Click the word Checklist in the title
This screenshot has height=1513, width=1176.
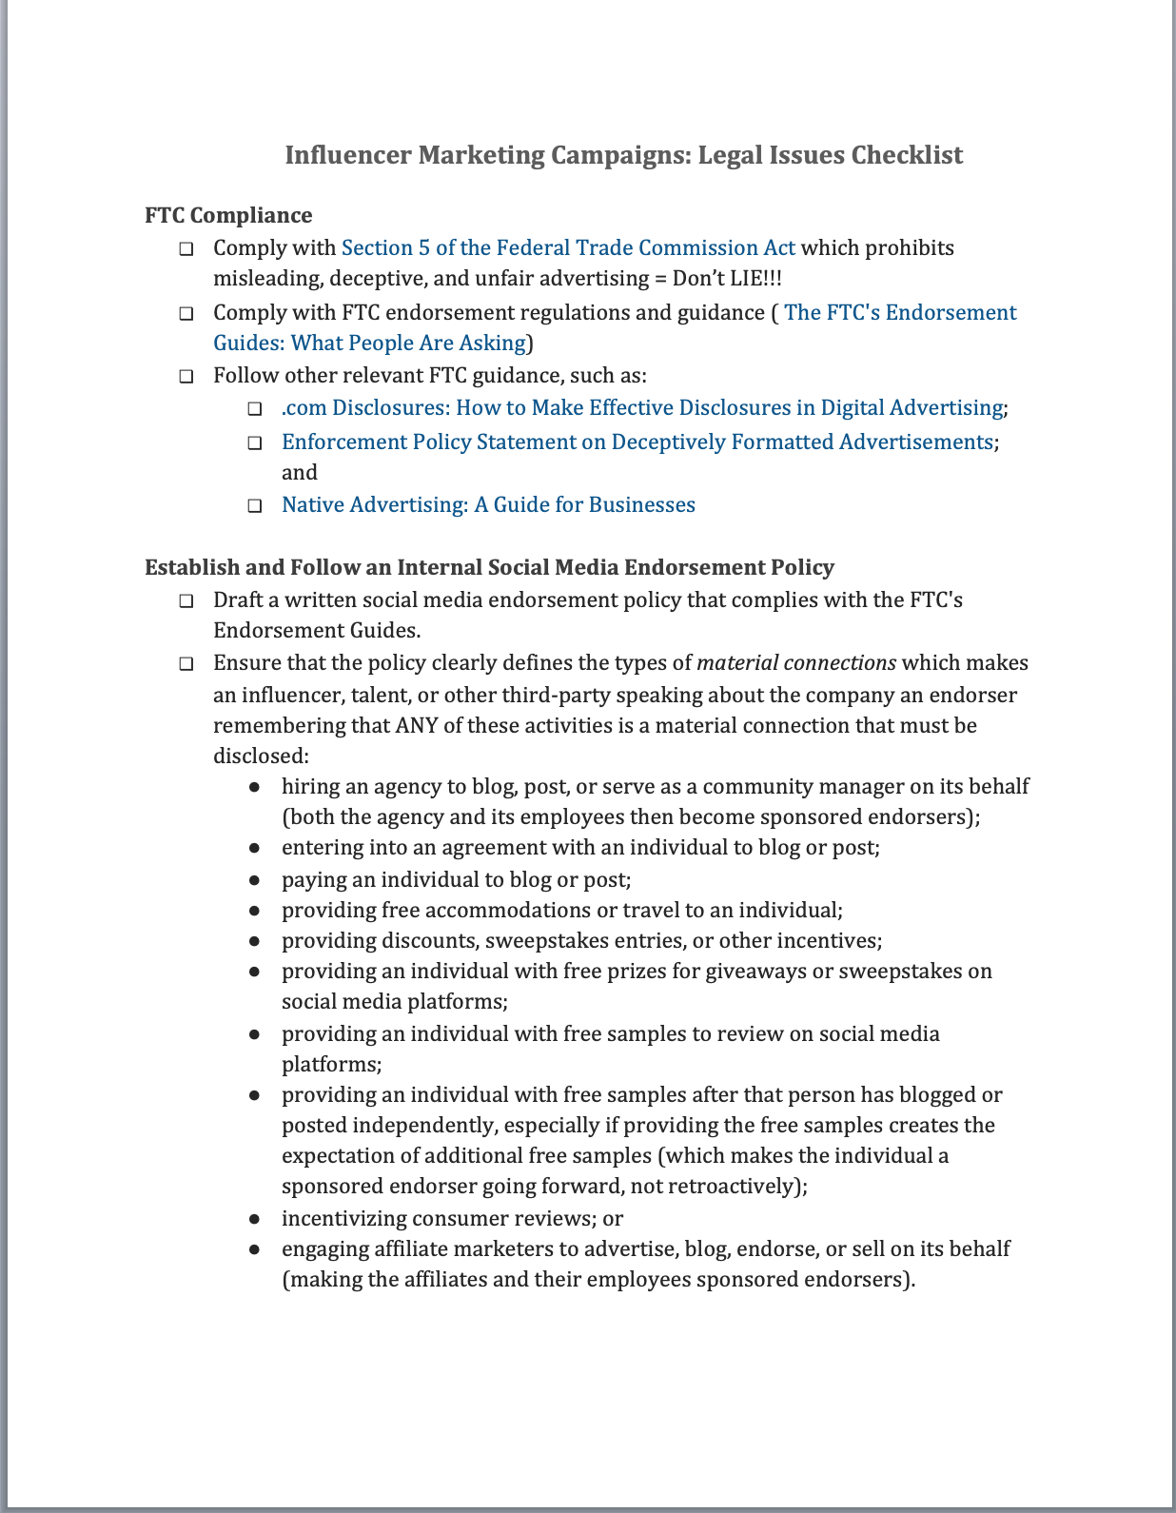(x=907, y=155)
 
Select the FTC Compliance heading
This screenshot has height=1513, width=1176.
(x=228, y=216)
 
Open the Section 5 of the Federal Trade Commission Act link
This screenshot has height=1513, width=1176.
(x=568, y=248)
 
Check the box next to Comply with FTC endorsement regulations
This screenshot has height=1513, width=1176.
(x=186, y=314)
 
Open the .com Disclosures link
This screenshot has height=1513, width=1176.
(x=642, y=408)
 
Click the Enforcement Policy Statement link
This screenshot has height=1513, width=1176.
(x=637, y=442)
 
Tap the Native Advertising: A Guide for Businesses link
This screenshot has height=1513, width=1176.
(x=488, y=505)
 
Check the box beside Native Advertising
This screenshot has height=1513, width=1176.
(x=255, y=506)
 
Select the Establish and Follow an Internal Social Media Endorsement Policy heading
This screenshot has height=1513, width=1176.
(x=489, y=568)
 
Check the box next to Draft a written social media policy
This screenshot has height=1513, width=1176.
(x=186, y=601)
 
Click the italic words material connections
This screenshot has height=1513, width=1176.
(x=796, y=663)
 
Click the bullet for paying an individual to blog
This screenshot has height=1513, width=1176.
(x=255, y=880)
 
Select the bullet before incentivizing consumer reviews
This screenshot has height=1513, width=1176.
(x=255, y=1219)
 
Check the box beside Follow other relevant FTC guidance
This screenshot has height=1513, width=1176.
(x=186, y=377)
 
